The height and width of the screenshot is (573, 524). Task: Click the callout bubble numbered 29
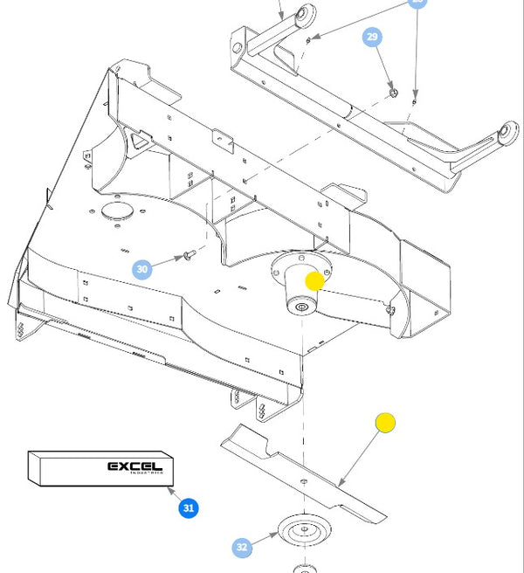point(373,38)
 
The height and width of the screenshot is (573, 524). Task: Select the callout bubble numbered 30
point(142,269)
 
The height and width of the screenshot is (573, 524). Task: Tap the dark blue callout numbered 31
point(188,507)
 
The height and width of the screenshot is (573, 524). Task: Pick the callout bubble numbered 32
point(242,548)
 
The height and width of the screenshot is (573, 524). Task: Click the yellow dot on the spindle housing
point(314,281)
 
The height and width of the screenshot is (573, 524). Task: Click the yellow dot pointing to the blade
point(385,424)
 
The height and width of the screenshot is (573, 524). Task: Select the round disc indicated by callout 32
point(302,530)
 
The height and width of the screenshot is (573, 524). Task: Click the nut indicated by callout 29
point(393,91)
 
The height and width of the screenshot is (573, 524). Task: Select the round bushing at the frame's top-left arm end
point(304,16)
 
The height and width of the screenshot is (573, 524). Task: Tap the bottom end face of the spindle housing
point(301,306)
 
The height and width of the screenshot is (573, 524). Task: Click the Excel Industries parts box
point(101,467)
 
